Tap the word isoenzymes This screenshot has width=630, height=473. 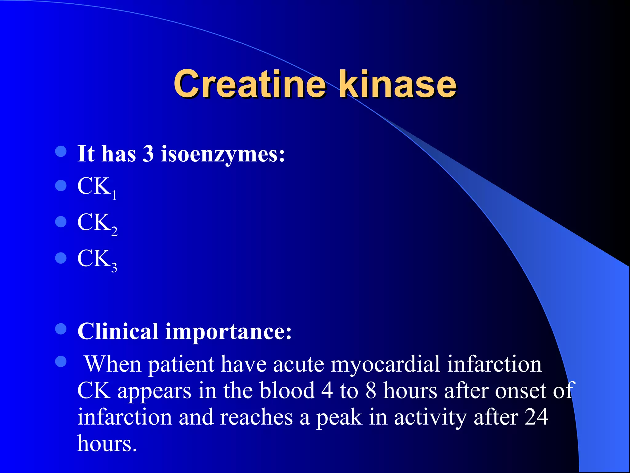tap(223, 154)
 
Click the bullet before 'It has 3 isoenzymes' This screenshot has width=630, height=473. tap(61, 151)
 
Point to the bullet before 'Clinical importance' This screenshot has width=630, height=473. tap(61, 329)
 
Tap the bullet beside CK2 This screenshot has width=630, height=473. tap(61, 221)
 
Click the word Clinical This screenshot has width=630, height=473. tap(118, 332)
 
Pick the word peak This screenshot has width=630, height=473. tap(339, 418)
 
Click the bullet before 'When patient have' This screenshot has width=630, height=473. tap(61, 362)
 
